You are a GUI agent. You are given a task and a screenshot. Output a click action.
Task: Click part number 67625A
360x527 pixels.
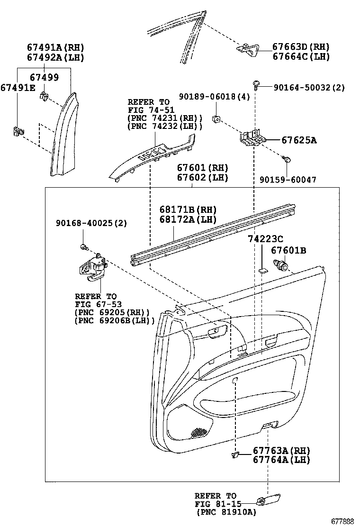point(299,140)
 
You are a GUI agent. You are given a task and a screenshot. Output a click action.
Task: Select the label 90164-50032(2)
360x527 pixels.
point(309,87)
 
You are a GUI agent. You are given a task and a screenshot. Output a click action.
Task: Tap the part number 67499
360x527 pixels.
point(45,77)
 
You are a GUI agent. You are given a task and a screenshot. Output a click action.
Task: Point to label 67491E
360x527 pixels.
point(18,88)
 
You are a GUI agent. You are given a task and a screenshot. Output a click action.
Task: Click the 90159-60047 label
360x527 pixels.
point(288,180)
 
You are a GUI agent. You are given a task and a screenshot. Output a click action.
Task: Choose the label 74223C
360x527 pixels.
point(265,239)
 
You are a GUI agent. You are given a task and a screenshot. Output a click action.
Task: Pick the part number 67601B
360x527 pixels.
point(288,250)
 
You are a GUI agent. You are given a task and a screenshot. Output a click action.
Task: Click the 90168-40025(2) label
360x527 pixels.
point(91,223)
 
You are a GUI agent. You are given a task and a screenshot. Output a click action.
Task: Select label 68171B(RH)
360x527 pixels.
point(188,210)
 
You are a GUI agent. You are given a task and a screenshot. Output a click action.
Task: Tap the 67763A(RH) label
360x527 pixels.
point(281,450)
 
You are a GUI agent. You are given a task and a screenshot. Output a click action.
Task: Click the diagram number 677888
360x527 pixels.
point(343,521)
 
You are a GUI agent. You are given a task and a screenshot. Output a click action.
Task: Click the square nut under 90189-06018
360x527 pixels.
point(216,118)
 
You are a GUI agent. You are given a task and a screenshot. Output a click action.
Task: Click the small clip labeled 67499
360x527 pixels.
point(43,96)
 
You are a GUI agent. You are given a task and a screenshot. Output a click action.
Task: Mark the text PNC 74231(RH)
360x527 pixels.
point(165,118)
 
